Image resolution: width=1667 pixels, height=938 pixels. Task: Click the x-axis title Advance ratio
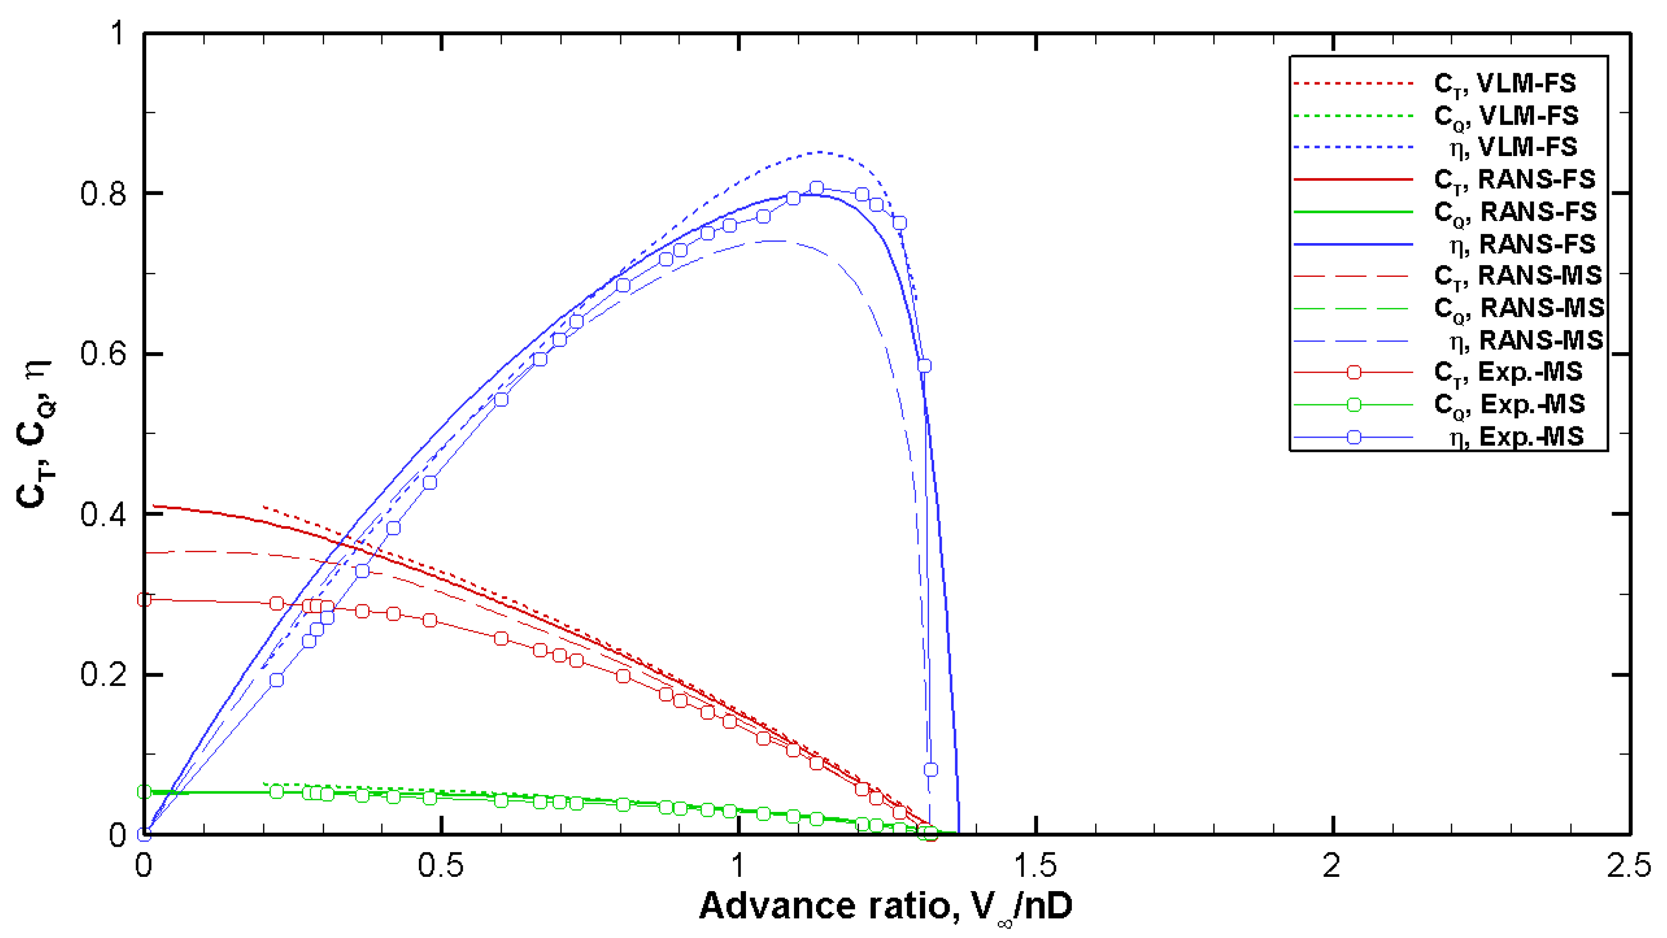(885, 906)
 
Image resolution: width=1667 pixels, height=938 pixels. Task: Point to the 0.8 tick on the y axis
(103, 194)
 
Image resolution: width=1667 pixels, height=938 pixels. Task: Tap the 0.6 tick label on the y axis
(103, 354)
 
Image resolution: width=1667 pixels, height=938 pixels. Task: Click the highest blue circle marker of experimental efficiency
(817, 188)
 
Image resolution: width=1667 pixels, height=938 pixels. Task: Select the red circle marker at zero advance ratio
(145, 599)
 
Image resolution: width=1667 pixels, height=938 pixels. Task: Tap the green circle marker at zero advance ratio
(145, 792)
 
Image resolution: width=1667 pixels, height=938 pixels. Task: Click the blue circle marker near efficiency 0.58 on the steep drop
(924, 366)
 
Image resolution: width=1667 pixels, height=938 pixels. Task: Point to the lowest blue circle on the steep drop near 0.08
(931, 770)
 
